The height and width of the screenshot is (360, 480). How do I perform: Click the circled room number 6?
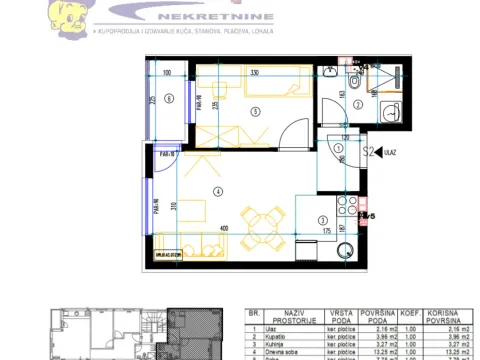[x=170, y=97]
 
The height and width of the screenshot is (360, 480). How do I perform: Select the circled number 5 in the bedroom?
[x=256, y=110]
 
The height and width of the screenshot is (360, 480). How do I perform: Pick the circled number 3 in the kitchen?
[x=322, y=221]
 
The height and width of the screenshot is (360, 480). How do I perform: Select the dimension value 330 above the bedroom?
[x=255, y=73]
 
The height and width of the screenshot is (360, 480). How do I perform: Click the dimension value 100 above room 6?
[x=167, y=73]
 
